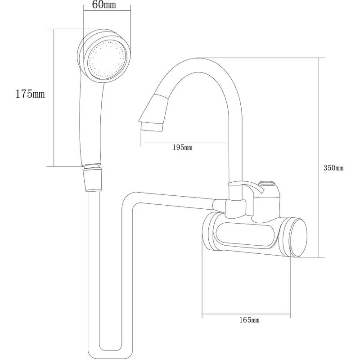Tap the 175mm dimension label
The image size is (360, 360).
pyautogui.click(x=30, y=94)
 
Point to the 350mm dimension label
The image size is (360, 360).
pyautogui.click(x=333, y=168)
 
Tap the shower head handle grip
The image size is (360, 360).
pyautogui.click(x=92, y=121)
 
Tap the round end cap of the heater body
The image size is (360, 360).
pyautogui.click(x=297, y=237)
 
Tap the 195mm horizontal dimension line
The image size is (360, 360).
pyautogui.click(x=184, y=142)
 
